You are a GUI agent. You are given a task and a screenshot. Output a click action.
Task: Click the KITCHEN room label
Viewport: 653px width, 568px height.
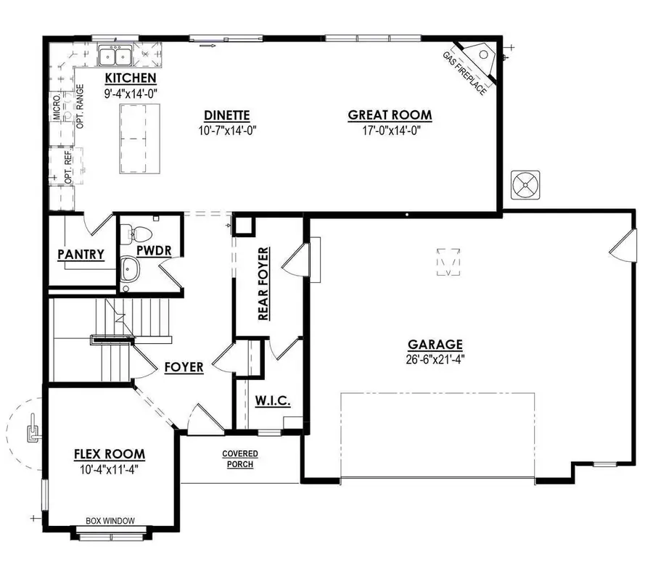tap(131, 78)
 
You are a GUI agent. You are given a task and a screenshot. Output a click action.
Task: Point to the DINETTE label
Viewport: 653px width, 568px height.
tap(227, 115)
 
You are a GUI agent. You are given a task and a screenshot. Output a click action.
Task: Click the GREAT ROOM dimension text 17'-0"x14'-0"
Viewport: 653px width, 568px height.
tap(390, 130)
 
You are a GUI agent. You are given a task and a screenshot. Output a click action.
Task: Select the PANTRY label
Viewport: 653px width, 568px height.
tap(81, 255)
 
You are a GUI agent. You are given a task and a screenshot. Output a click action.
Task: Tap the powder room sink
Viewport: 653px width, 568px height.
tap(131, 270)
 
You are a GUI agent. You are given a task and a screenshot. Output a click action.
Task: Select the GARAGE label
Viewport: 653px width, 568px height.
tap(435, 345)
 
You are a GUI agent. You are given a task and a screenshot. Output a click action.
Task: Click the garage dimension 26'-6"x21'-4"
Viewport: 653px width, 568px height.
tap(435, 359)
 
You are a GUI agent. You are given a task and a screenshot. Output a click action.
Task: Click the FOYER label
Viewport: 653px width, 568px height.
tap(184, 367)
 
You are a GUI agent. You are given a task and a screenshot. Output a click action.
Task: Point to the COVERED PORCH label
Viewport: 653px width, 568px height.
tap(240, 458)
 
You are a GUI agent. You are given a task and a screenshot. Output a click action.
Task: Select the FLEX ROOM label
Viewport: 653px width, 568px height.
tap(110, 454)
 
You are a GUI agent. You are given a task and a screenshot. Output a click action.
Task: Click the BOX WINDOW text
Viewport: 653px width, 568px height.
tap(110, 520)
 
